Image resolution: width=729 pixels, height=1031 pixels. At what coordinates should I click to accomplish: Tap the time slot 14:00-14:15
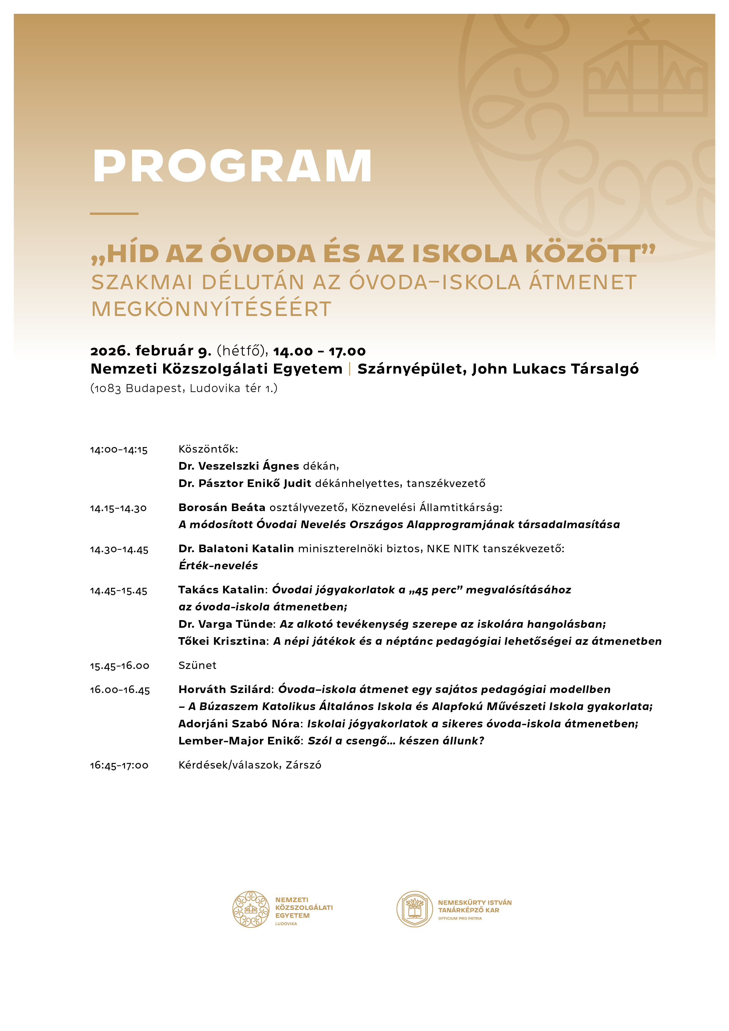point(118,449)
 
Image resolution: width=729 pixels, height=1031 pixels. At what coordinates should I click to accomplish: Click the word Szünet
point(197,665)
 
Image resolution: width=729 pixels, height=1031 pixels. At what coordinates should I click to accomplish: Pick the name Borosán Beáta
point(222,507)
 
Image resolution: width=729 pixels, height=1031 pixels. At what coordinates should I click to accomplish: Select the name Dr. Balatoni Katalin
point(236,549)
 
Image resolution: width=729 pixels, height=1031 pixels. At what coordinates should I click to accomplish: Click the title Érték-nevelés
point(218,566)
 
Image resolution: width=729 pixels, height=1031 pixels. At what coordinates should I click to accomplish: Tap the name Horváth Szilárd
point(226,689)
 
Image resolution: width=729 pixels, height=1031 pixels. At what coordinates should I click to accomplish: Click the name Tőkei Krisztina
point(223,641)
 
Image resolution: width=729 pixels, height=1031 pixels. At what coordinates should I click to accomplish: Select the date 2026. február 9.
point(151,350)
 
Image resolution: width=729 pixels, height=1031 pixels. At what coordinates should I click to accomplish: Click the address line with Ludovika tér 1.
point(184,389)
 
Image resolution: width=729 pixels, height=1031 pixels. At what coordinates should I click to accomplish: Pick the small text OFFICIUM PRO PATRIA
point(460,918)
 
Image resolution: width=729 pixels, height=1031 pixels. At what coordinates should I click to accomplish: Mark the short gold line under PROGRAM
point(114,213)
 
